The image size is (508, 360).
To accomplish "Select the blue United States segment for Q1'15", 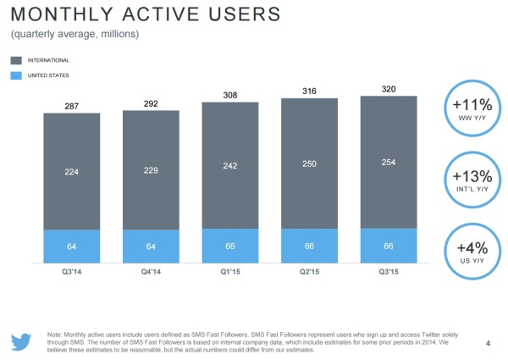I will [x=229, y=246].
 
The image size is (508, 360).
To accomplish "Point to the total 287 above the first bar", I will [x=71, y=105].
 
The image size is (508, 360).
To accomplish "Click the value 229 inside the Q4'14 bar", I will [x=150, y=171].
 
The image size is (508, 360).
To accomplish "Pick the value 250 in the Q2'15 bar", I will [x=309, y=163].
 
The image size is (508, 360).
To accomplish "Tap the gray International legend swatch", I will [x=18, y=60].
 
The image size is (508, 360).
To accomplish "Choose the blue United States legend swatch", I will [x=18, y=76].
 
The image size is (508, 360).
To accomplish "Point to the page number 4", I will [x=489, y=342].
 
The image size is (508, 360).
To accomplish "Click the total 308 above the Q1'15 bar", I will [x=229, y=94].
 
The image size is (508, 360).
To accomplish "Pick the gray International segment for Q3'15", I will [x=389, y=162].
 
